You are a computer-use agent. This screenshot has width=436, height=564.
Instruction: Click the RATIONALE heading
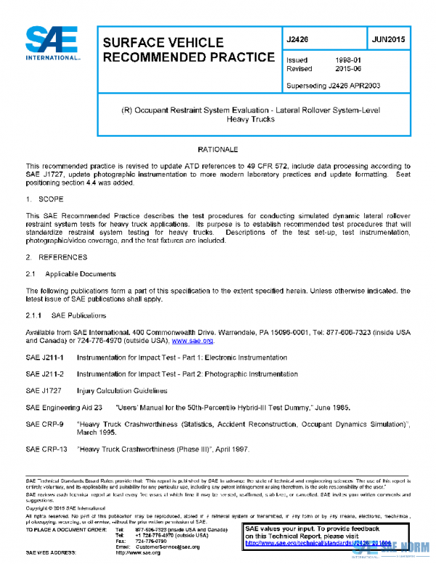[218, 149]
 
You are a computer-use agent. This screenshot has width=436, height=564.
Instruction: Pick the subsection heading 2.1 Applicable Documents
[70, 274]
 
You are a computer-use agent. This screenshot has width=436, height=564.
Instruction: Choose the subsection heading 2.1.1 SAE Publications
[65, 316]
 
